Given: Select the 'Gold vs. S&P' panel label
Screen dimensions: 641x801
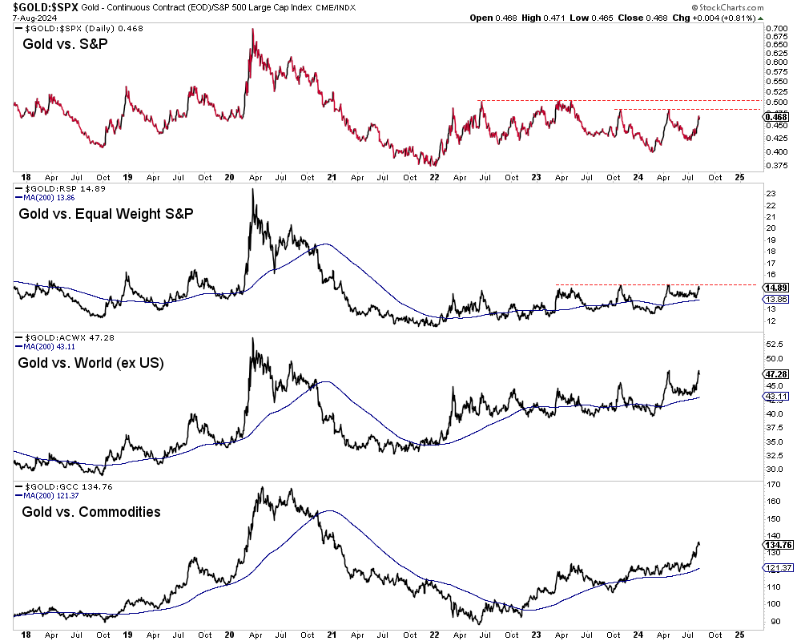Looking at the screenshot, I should pyautogui.click(x=65, y=43).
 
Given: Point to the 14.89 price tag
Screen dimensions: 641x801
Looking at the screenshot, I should pyautogui.click(x=770, y=287).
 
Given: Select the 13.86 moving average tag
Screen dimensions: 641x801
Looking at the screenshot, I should pyautogui.click(x=770, y=298).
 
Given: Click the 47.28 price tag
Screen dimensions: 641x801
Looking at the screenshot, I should pyautogui.click(x=770, y=373).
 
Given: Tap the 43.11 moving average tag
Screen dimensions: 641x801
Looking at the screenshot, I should pyautogui.click(x=770, y=396).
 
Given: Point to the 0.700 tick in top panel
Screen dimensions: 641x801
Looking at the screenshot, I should pyautogui.click(x=775, y=29).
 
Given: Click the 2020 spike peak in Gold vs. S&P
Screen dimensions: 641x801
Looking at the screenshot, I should pyautogui.click(x=253, y=30).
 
